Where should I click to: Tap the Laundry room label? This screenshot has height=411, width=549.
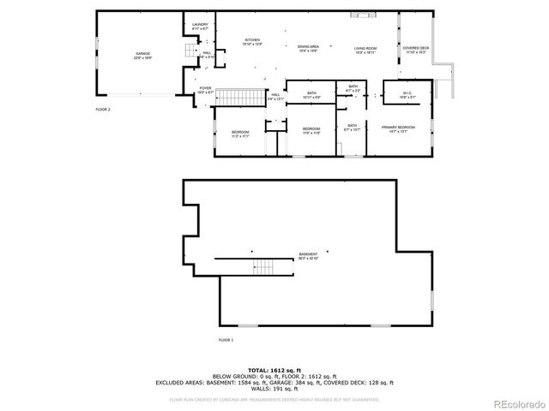click(x=200, y=27)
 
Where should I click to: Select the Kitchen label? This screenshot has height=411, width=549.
click(x=252, y=41)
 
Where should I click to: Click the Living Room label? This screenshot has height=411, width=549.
click(x=366, y=49)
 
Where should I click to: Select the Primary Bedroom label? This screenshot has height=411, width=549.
click(x=398, y=128)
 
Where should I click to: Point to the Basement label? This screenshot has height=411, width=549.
click(x=308, y=255)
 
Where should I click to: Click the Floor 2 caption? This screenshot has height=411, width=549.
click(x=103, y=110)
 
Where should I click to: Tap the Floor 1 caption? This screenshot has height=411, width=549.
click(x=226, y=340)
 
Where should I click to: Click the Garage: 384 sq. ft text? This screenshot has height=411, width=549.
click(x=299, y=382)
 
